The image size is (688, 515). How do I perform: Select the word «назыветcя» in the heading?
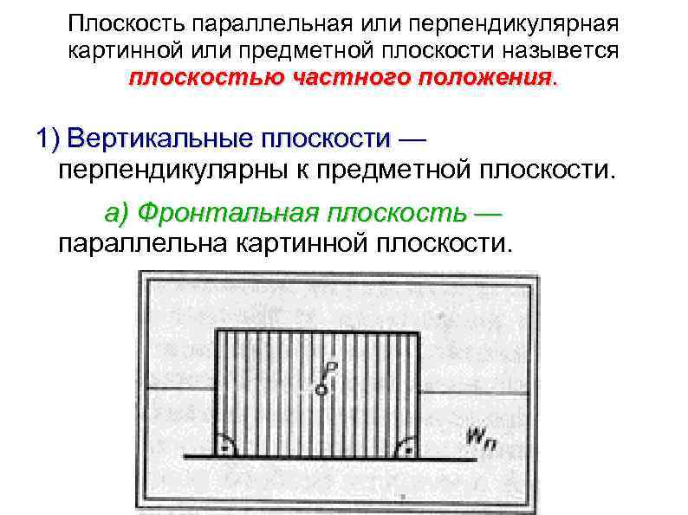coord(558,50)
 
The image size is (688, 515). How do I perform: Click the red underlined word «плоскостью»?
coord(204,78)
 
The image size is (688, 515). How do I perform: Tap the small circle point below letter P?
coord(321,389)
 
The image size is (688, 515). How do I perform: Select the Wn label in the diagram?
coord(479,437)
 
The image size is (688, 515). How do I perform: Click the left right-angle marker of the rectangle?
coord(225,447)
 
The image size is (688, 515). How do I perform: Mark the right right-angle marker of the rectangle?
coord(406,447)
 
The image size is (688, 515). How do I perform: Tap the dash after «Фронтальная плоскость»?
coord(489,213)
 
